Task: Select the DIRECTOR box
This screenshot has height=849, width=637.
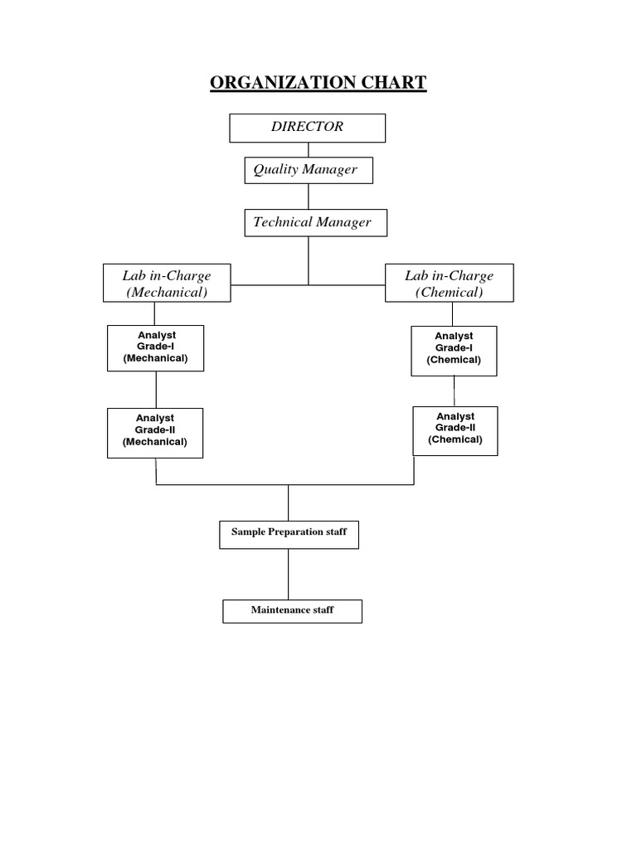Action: (307, 128)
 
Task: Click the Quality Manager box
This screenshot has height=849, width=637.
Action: (308, 170)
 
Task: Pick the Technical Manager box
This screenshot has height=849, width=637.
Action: (314, 222)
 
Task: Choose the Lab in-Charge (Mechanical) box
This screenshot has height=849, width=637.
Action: (167, 284)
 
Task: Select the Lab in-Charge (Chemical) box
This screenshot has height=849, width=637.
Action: (449, 284)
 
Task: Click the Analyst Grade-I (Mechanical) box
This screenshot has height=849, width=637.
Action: (155, 347)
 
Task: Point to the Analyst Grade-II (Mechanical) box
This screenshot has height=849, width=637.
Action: (155, 431)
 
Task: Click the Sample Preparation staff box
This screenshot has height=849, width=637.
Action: (289, 533)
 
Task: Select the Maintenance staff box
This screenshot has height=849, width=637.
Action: (292, 611)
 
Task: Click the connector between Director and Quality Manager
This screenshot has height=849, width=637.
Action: (309, 149)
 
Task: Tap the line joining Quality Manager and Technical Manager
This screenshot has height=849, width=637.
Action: (309, 196)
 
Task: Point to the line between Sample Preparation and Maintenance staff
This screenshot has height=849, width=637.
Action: (289, 574)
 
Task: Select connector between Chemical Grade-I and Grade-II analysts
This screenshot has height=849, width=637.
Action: (454, 391)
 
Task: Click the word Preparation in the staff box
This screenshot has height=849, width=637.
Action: (295, 532)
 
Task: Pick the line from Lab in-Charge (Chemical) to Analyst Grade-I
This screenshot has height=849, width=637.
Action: (452, 313)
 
